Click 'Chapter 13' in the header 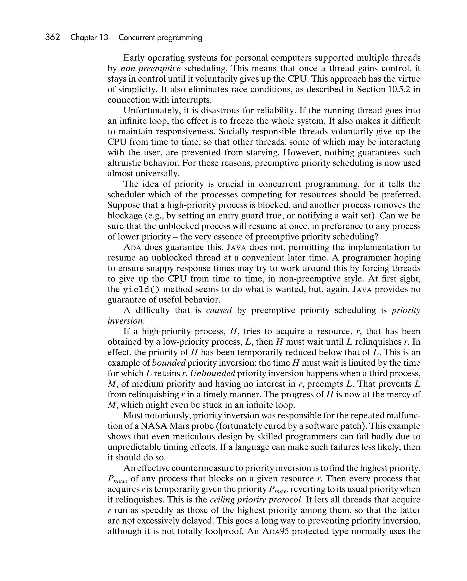point(89,37)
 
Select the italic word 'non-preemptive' point(150,68)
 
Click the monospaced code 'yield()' point(141,289)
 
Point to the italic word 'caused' point(219,310)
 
